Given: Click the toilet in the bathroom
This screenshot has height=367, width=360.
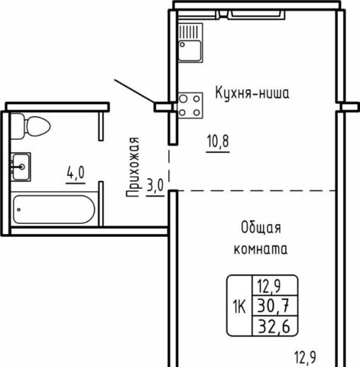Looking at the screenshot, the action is click(x=31, y=126).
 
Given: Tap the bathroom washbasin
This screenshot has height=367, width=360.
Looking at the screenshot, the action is click(x=21, y=167).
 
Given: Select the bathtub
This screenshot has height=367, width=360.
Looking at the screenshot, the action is click(x=54, y=209).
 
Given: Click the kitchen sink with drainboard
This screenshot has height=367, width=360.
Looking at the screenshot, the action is click(x=190, y=43).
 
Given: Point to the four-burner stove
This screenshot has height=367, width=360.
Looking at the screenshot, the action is click(x=190, y=106).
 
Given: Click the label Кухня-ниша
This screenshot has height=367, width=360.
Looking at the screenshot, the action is click(x=252, y=93).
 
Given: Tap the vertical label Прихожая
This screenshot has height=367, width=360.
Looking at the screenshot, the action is click(x=133, y=167).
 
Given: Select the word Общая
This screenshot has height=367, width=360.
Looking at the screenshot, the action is click(x=261, y=228).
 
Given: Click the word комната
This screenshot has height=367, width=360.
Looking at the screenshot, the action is click(x=261, y=249).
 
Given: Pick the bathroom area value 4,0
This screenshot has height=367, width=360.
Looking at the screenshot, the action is click(x=76, y=173).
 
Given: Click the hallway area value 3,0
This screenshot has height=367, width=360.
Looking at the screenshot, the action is click(x=155, y=185).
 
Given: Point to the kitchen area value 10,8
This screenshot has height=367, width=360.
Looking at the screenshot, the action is click(x=218, y=141).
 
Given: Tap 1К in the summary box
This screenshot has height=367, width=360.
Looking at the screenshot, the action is click(x=239, y=307).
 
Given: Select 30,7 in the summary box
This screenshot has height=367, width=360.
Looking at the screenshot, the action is click(x=274, y=306).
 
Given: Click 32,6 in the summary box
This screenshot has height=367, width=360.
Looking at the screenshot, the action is click(x=274, y=326).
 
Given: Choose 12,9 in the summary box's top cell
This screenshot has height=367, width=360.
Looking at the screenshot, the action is click(x=269, y=286).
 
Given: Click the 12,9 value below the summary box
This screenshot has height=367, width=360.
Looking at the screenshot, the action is click(x=306, y=357).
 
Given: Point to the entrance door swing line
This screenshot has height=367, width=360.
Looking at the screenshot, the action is click(x=135, y=92).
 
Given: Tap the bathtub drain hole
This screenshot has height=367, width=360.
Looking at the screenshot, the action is click(x=19, y=209).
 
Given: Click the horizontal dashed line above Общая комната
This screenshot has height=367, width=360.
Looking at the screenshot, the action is click(x=257, y=190).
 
